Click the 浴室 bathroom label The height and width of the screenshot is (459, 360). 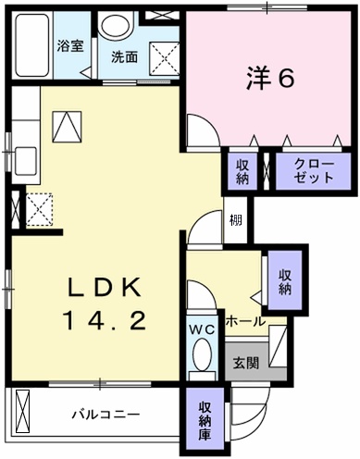70,45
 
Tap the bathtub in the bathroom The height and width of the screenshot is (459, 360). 32,45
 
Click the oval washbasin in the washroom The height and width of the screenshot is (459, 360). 117,25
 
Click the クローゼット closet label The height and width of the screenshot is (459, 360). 314,170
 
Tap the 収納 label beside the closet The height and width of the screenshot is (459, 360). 242,172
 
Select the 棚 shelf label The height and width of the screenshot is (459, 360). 235,220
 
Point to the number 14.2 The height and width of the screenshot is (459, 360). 105,320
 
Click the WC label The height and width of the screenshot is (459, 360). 202,330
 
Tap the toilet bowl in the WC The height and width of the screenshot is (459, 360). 203,354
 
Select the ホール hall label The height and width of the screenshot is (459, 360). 246,322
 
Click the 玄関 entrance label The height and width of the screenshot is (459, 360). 246,363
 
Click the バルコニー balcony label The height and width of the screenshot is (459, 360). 106,414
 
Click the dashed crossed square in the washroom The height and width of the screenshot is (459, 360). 164,58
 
